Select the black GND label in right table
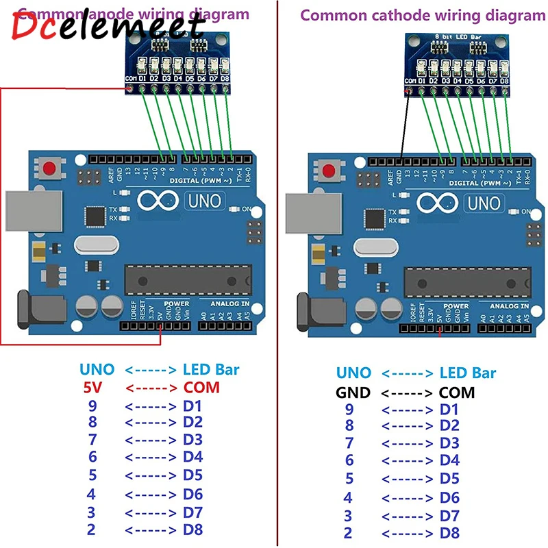(353, 393)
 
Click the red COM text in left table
(201, 387)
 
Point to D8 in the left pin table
(193, 530)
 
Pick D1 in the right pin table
(449, 410)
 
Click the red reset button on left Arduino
(49, 169)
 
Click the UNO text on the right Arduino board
(486, 203)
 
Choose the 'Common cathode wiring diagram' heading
(423, 15)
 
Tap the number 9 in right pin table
(349, 410)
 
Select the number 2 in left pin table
(92, 530)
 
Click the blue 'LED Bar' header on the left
(211, 370)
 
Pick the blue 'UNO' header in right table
(353, 373)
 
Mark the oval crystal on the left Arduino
(94, 245)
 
